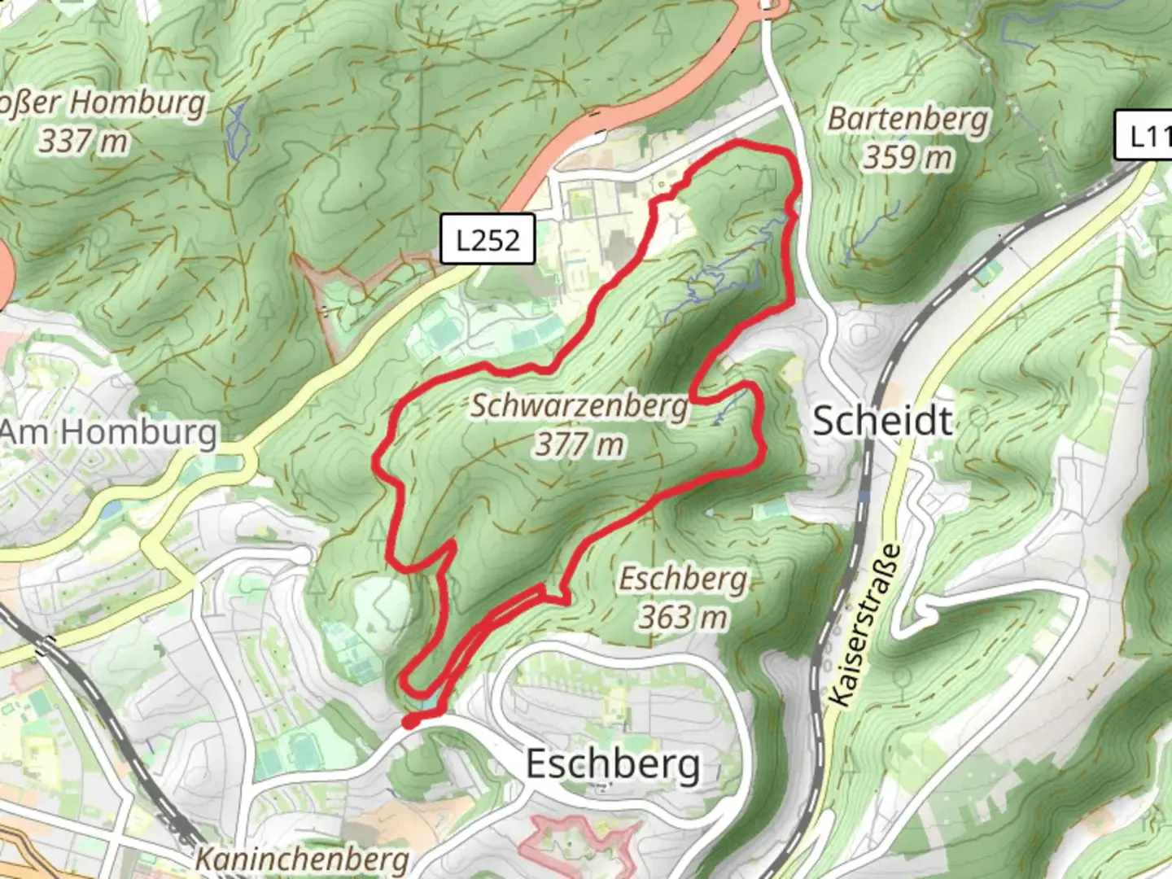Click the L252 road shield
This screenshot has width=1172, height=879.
(x=488, y=239)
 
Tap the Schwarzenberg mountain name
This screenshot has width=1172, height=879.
(x=579, y=405)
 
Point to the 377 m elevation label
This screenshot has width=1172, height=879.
(x=579, y=444)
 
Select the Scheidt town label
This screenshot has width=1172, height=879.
(x=882, y=421)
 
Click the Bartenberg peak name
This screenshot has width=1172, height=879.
(x=907, y=119)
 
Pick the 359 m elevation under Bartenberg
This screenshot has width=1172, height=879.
(x=907, y=157)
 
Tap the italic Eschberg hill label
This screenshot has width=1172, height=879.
(x=683, y=579)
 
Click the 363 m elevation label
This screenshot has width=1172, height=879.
(x=683, y=617)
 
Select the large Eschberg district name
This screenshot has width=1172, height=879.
(x=612, y=764)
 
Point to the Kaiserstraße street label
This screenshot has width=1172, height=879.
(x=867, y=625)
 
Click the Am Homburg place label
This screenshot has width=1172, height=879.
(x=109, y=432)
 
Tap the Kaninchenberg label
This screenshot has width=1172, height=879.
(x=302, y=859)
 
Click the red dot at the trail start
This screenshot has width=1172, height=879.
(x=411, y=721)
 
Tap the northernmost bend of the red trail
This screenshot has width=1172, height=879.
(x=741, y=144)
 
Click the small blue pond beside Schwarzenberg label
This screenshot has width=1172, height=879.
(x=718, y=420)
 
